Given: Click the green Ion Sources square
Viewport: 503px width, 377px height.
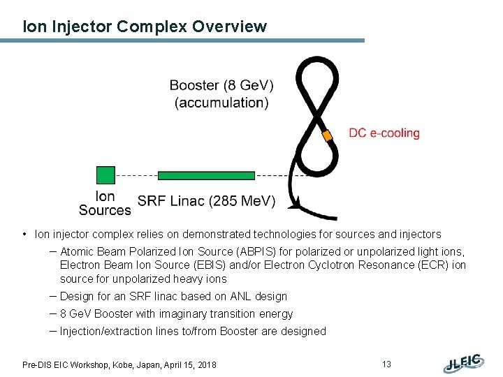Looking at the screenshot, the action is [105, 175].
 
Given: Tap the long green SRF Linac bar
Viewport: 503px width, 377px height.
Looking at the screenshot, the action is [206, 175].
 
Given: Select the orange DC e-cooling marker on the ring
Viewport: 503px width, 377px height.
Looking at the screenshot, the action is [326, 135].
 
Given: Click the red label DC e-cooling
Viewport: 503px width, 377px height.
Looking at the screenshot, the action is [384, 133].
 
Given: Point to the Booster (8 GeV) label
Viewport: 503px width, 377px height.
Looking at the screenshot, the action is [221, 86].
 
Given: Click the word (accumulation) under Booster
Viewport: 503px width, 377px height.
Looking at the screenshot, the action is [221, 103].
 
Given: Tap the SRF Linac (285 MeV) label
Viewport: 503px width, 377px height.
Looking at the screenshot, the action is [206, 202].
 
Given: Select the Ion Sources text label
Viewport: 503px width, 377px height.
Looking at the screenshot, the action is [105, 203].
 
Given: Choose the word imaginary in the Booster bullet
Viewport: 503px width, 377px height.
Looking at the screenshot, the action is [190, 314].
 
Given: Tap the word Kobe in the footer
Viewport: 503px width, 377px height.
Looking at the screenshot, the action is [129, 364].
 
